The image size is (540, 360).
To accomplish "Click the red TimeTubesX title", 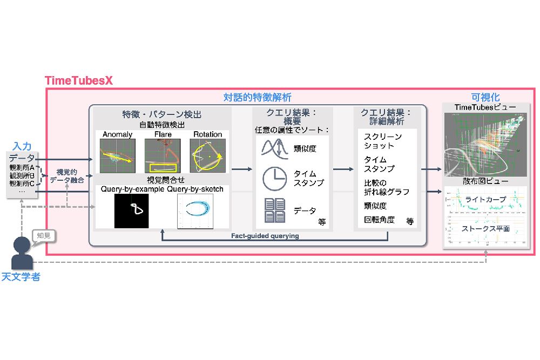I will pos(78,80).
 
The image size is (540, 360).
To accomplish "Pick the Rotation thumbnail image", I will pos(207,155).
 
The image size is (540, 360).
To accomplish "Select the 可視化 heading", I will pos(482,97).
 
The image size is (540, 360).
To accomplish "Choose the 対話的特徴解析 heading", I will pos(257,98).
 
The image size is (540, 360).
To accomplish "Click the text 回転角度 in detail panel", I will pos(379,220).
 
